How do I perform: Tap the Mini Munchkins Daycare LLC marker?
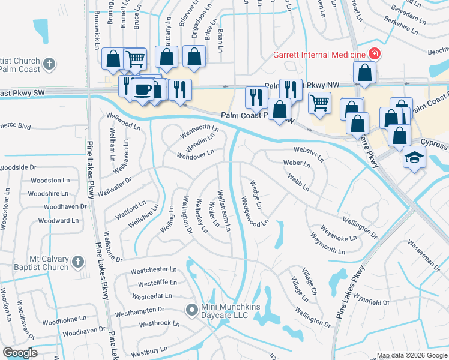tap(191, 310)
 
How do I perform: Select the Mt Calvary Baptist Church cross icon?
tap(77, 262)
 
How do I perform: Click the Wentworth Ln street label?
tap(200, 128)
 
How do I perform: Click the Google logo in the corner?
tap(20, 353)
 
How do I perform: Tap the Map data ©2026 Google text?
tap(411, 355)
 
